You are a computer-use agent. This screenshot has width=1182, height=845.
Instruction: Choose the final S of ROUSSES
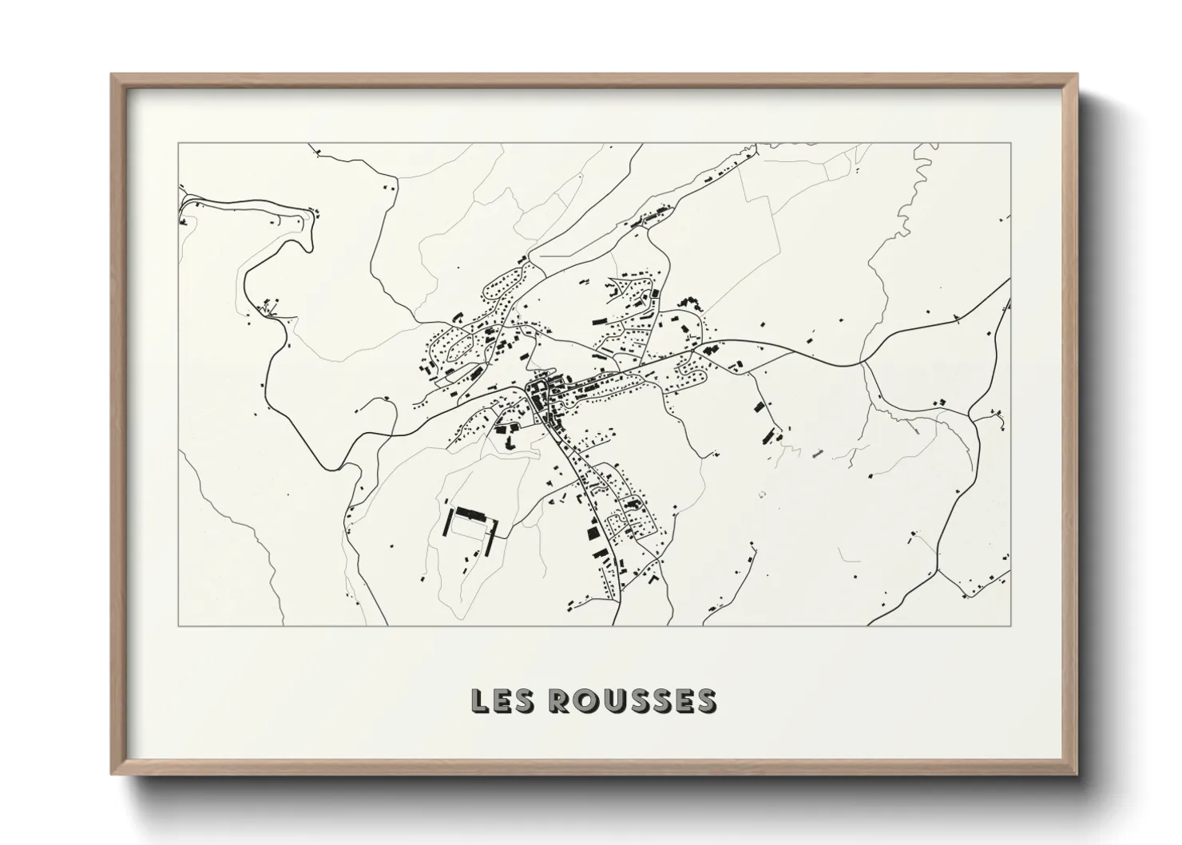coord(706,700)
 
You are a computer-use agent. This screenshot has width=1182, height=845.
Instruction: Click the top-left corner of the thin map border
coord(178,144)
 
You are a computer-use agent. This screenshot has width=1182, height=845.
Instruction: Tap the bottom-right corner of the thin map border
coord(1011,625)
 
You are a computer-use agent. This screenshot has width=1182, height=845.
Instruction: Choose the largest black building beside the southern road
coord(592,531)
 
